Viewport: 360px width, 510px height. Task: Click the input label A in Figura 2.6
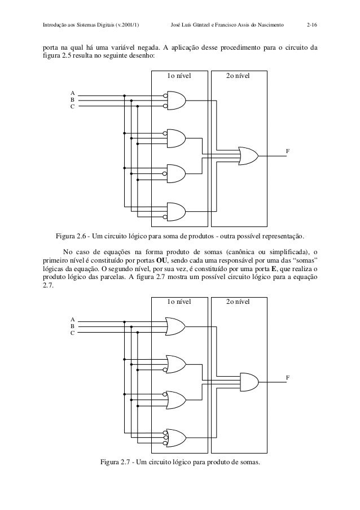[72, 91]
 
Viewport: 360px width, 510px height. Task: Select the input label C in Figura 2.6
[72, 106]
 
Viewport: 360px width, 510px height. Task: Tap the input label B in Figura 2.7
[72, 326]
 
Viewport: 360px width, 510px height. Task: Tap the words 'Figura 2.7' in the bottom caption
[115, 464]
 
